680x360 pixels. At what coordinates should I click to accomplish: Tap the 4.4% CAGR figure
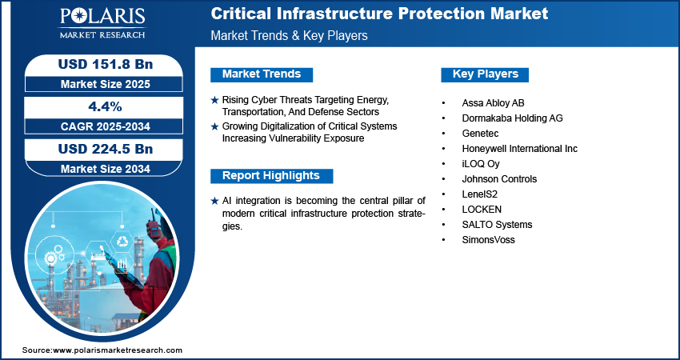[104, 106]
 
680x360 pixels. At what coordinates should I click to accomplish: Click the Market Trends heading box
[262, 74]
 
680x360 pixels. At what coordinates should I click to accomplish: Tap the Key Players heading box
[485, 74]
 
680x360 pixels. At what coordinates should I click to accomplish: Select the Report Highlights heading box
[271, 175]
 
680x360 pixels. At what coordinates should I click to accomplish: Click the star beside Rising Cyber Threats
[214, 100]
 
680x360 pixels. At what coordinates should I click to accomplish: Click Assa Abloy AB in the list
[493, 103]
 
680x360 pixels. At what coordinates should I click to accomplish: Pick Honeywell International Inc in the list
[519, 149]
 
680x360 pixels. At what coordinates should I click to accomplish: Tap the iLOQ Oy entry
[480, 164]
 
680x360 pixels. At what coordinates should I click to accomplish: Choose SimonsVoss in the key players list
[488, 240]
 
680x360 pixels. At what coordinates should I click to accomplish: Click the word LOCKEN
[482, 210]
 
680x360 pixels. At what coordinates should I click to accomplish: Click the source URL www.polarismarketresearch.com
[118, 350]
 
